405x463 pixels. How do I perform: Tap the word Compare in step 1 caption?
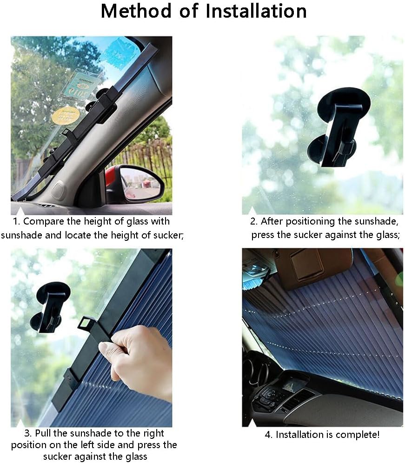coord(40,222)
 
